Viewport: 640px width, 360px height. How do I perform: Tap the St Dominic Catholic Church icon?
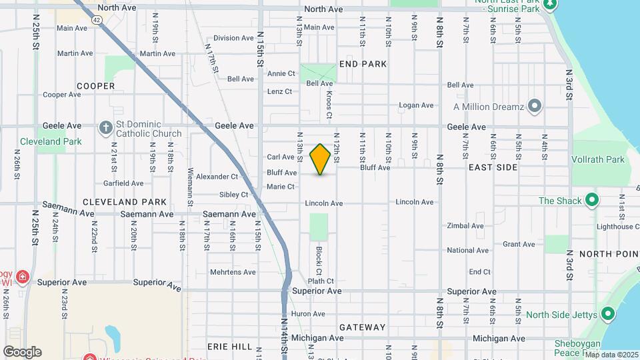pos(105,127)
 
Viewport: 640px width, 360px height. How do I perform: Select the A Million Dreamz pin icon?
pos(533,106)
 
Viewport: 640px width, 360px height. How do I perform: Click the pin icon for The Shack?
pos(591,200)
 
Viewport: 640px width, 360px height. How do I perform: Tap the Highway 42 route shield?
pos(97,20)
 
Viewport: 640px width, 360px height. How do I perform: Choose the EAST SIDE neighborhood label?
pos(493,167)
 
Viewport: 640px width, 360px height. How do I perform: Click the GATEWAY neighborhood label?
pos(362,327)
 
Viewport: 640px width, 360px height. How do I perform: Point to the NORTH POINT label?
pos(605,254)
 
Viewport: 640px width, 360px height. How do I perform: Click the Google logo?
pos(22,351)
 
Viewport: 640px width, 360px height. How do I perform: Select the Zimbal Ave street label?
pos(465,226)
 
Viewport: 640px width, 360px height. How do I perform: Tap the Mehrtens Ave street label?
pos(233,272)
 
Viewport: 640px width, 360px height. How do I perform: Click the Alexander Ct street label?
pos(217,177)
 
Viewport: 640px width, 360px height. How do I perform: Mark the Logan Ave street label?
pos(416,105)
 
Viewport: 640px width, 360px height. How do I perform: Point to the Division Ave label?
pos(233,38)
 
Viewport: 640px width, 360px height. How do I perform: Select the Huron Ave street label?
pos(308,313)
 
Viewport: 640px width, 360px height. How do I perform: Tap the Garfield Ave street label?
pos(123,183)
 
